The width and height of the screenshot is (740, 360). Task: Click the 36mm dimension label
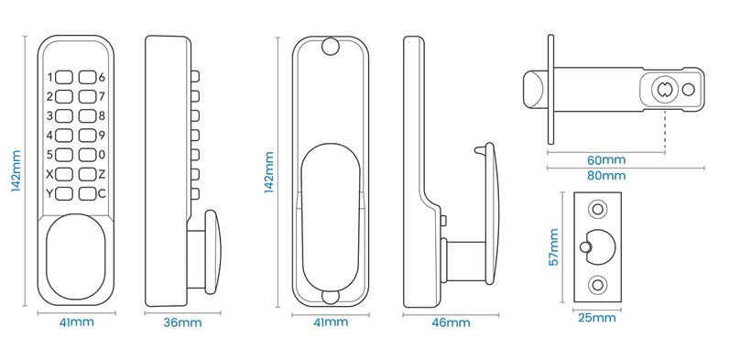(x=182, y=322)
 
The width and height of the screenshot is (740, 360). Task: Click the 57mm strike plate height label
(x=553, y=246)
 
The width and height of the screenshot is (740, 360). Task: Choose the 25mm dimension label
(x=597, y=318)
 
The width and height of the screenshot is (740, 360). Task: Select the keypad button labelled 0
(x=87, y=155)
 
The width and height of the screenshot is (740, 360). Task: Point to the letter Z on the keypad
(x=102, y=174)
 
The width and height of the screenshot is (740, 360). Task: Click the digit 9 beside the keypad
(x=102, y=136)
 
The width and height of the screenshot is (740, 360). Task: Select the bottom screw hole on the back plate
(x=331, y=296)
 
